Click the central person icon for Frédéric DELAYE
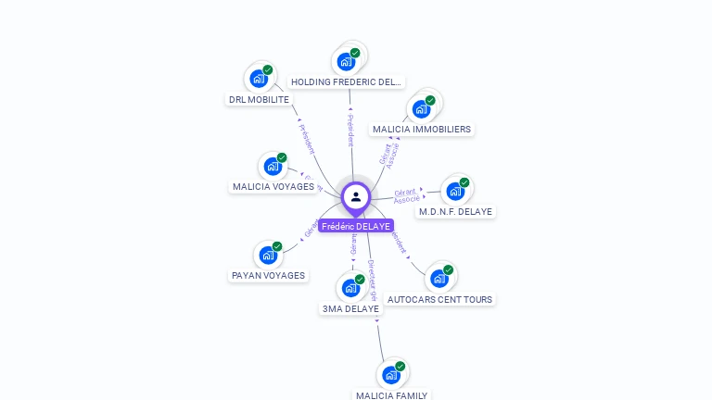pos(356,196)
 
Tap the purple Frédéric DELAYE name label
pos(356,226)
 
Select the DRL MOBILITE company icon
pos(259,78)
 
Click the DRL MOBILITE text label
pos(260,100)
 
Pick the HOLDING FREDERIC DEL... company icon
pos(346,61)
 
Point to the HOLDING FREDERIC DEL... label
pos(347,82)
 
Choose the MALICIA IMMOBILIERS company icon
pos(421,108)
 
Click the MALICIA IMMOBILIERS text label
pos(421,130)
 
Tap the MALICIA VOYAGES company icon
pos(273,166)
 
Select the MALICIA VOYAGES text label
pos(273,187)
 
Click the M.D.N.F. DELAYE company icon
pos(455,191)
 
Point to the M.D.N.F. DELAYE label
pos(456,212)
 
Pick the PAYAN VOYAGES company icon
pos(268,255)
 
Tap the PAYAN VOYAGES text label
pos(268,276)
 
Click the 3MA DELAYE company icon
pos(350,287)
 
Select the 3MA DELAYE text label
pos(350,309)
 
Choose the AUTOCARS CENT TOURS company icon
pos(439,278)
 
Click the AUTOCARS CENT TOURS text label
pos(440,300)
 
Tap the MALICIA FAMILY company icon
pos(391,374)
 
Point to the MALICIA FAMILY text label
pos(392,395)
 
